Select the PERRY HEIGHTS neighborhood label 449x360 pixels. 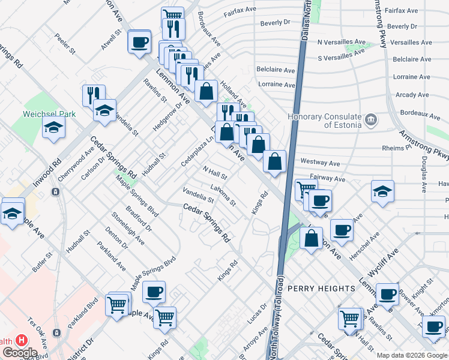coord(321,289)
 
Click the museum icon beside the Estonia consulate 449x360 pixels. coord(371,120)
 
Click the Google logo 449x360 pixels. coord(20,353)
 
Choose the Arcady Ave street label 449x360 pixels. coord(412,95)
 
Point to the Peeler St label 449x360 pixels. coord(65,44)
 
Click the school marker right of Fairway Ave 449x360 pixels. coord(382,192)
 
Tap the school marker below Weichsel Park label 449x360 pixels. coord(53,127)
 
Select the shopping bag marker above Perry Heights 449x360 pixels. coord(311,239)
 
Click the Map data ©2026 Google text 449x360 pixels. coord(412,355)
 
